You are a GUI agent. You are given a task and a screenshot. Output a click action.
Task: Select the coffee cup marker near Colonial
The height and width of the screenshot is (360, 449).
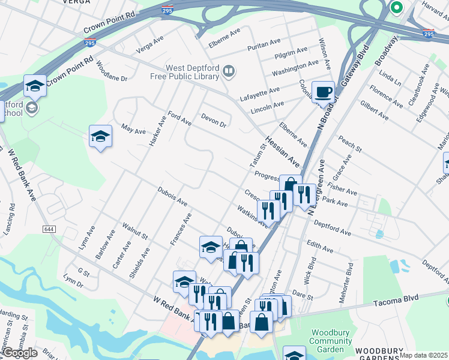pyautogui.click(x=323, y=92)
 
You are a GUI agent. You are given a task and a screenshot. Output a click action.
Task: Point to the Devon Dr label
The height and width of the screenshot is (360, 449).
pyautogui.click(x=214, y=120)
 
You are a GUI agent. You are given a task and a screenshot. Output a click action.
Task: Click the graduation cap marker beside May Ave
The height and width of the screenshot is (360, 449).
pyautogui.click(x=100, y=136)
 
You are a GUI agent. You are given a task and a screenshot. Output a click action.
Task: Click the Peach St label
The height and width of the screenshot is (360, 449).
pyautogui.click(x=350, y=145)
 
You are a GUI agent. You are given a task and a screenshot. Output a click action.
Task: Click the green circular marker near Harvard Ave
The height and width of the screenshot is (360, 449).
pyautogui.click(x=396, y=8)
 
